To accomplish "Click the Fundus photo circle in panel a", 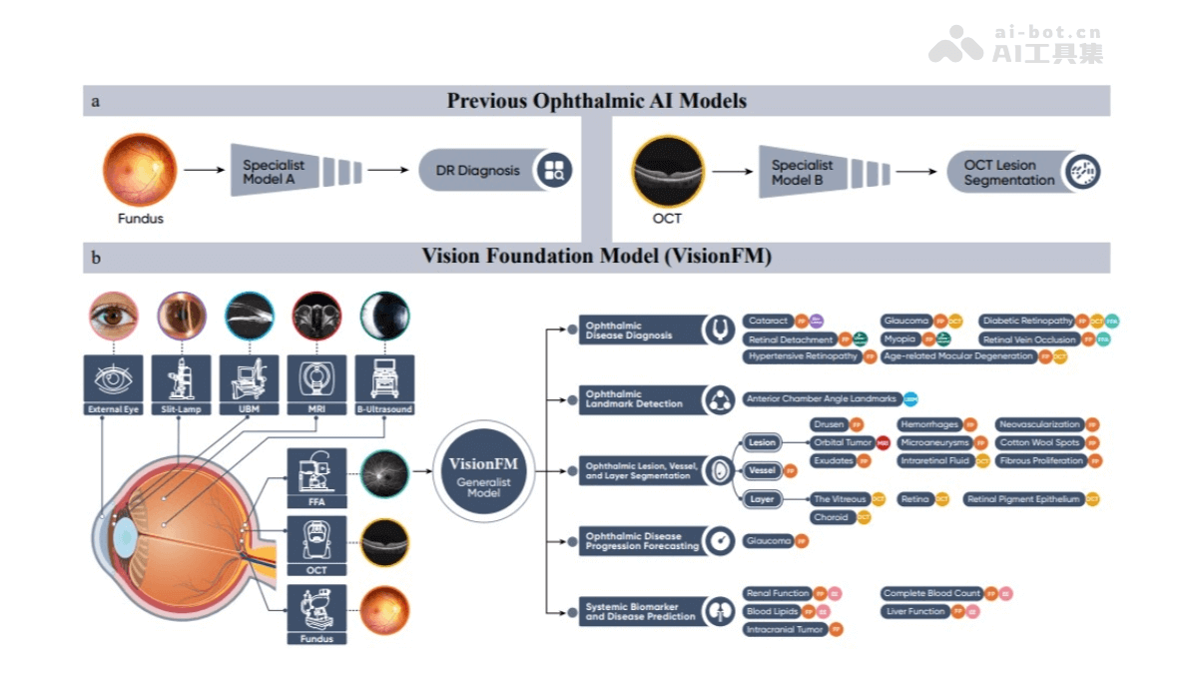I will [x=139, y=171].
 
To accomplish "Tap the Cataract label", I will [x=768, y=322].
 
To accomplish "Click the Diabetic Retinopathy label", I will [x=1027, y=322].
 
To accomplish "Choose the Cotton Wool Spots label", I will [x=1039, y=442].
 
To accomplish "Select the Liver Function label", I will [x=914, y=611].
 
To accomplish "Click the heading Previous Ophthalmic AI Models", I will [x=596, y=101].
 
